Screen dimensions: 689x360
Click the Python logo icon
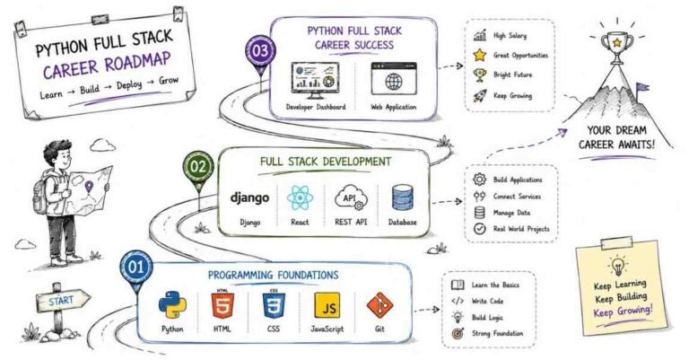pyautogui.click(x=172, y=304)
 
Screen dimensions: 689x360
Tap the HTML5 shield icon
pyautogui.click(x=222, y=303)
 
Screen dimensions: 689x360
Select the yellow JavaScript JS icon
pyautogui.click(x=327, y=305)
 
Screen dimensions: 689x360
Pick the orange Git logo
pyautogui.click(x=379, y=305)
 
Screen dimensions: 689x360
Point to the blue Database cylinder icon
pyautogui.click(x=402, y=198)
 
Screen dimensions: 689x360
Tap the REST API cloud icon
pyautogui.click(x=350, y=198)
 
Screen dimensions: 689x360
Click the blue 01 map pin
pyautogui.click(x=136, y=271)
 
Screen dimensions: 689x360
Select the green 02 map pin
pyautogui.click(x=198, y=171)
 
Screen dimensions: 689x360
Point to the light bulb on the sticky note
pyautogui.click(x=617, y=266)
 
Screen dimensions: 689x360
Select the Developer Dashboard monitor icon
pyautogui.click(x=315, y=81)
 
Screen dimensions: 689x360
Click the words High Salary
pyautogui.click(x=510, y=36)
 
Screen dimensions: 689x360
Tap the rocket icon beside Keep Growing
pyautogui.click(x=480, y=95)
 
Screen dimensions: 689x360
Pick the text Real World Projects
pyautogui.click(x=521, y=229)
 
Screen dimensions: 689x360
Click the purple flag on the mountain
pyautogui.click(x=642, y=87)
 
